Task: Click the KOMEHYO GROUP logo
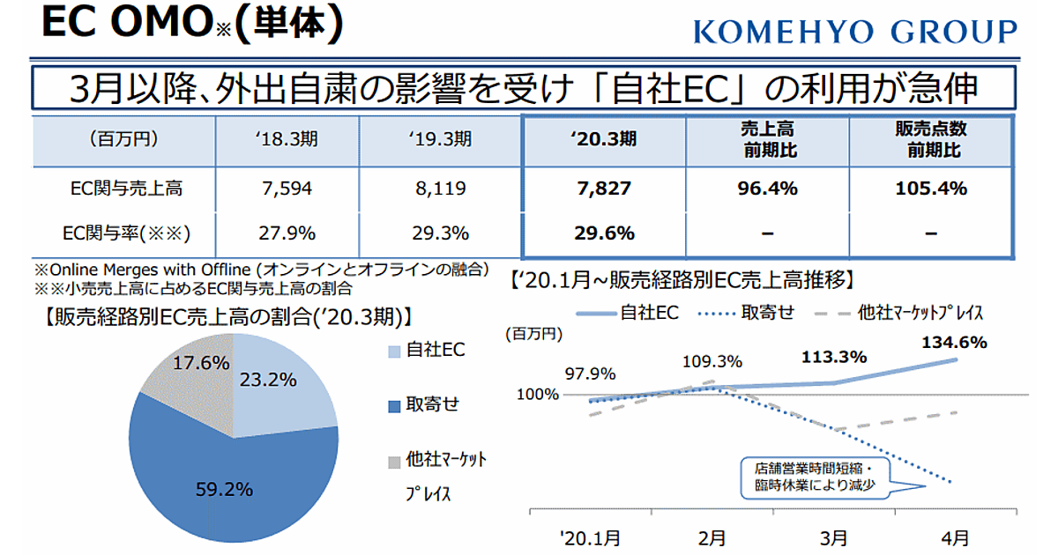854,33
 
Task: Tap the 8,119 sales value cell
440,189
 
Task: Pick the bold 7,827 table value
603,189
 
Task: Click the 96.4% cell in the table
766,189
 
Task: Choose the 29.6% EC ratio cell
603,233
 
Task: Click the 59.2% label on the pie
224,487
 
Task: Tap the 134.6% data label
954,342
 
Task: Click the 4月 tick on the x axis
954,536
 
